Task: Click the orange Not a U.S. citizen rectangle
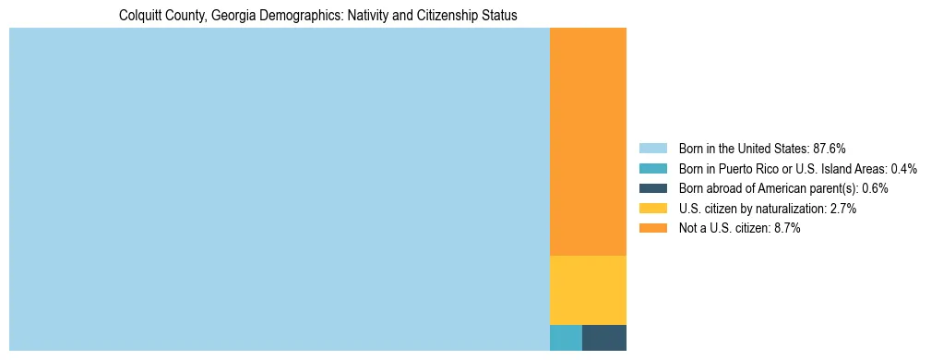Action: click(x=588, y=141)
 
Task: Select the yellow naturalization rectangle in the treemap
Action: click(x=588, y=290)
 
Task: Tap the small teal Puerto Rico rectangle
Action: click(x=566, y=338)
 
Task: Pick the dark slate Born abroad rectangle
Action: click(x=604, y=338)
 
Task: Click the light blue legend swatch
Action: click(x=652, y=149)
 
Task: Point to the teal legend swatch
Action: click(x=652, y=169)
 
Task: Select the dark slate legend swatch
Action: click(x=652, y=188)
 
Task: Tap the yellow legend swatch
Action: click(x=652, y=209)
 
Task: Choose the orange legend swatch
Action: click(x=652, y=228)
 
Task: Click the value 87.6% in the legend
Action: click(x=829, y=149)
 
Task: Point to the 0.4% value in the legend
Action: click(x=904, y=169)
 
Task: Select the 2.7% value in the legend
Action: click(x=842, y=209)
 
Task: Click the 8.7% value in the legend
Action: click(x=786, y=228)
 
